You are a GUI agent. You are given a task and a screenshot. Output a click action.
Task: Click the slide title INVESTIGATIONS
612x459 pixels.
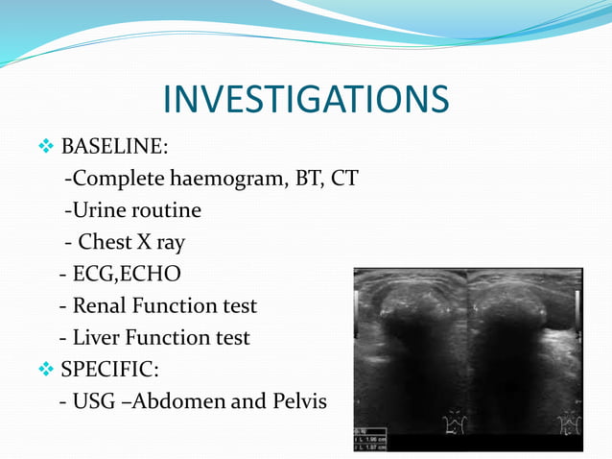pyautogui.click(x=306, y=99)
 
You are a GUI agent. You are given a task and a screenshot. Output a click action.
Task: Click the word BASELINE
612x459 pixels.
pyautogui.click(x=112, y=147)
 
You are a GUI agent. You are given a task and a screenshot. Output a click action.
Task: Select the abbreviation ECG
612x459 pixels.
pyautogui.click(x=97, y=274)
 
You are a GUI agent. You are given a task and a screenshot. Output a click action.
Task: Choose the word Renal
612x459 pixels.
pyautogui.click(x=103, y=305)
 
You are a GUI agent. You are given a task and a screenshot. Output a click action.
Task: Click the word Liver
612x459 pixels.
pyautogui.click(x=99, y=337)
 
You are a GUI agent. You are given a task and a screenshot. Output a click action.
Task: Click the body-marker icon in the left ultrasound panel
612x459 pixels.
pyautogui.click(x=451, y=423)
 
